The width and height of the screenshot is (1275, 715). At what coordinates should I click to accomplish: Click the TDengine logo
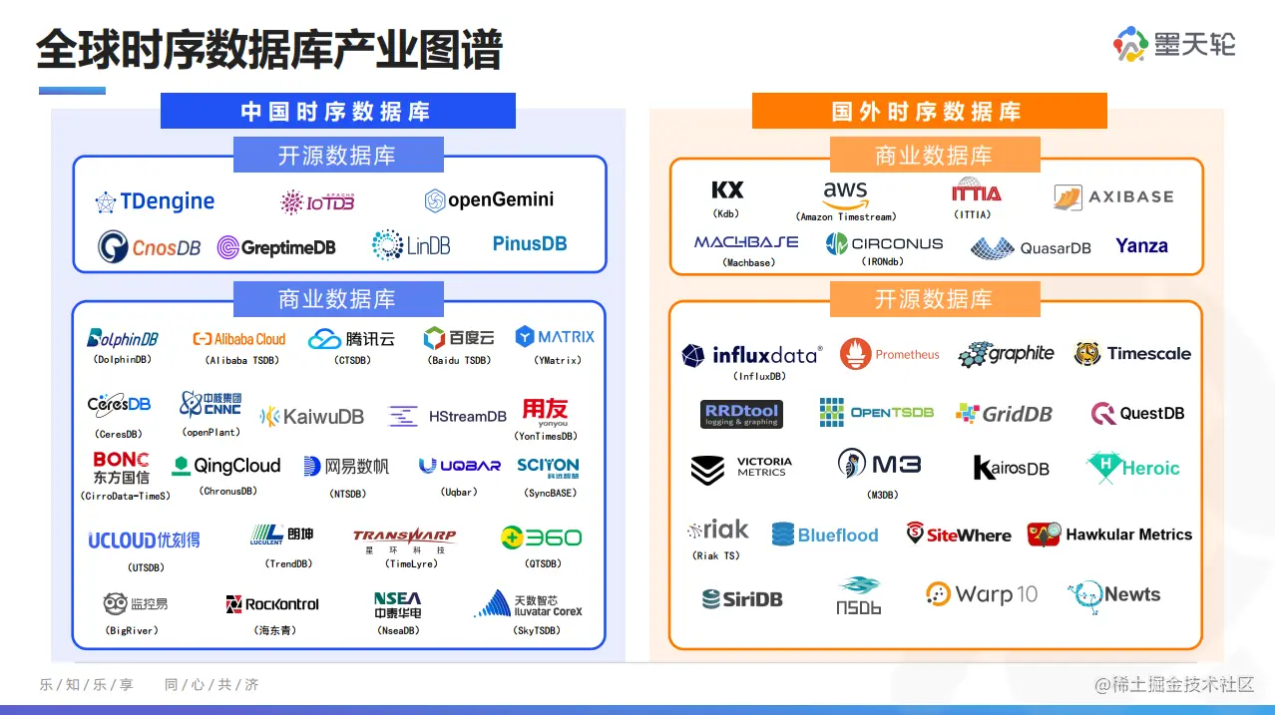[x=155, y=201]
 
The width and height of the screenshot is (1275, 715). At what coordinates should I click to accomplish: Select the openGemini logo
[x=489, y=200]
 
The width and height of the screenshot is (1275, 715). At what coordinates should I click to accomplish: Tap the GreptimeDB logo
[x=276, y=247]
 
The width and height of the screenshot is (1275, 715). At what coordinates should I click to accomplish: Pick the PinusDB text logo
[x=530, y=243]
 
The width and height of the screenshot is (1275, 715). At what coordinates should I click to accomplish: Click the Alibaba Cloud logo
[x=239, y=339]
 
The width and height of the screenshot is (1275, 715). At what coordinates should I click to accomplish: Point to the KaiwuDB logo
[x=312, y=417]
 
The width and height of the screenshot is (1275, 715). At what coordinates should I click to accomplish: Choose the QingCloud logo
[x=226, y=466]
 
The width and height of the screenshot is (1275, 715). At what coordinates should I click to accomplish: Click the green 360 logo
[x=541, y=537]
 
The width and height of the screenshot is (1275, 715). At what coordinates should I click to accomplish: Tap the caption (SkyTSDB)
[x=537, y=630]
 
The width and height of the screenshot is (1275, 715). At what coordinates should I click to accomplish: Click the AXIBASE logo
[x=1113, y=197]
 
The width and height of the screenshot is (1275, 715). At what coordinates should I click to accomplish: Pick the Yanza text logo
[x=1141, y=245]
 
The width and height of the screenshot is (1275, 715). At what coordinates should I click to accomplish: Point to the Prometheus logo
[x=890, y=354]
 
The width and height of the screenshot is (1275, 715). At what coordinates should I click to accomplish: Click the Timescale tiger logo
[x=1132, y=354]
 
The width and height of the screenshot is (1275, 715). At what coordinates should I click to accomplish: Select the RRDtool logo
[x=741, y=414]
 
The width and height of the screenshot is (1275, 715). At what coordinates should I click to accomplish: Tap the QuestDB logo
[x=1137, y=414]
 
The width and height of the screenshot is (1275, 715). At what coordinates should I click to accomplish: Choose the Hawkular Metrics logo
[x=1109, y=535]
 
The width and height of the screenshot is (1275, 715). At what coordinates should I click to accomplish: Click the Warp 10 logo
[x=982, y=594]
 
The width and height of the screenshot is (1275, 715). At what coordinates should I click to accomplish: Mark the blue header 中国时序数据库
[x=337, y=111]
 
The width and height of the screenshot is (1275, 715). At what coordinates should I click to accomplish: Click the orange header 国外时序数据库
[x=929, y=111]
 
